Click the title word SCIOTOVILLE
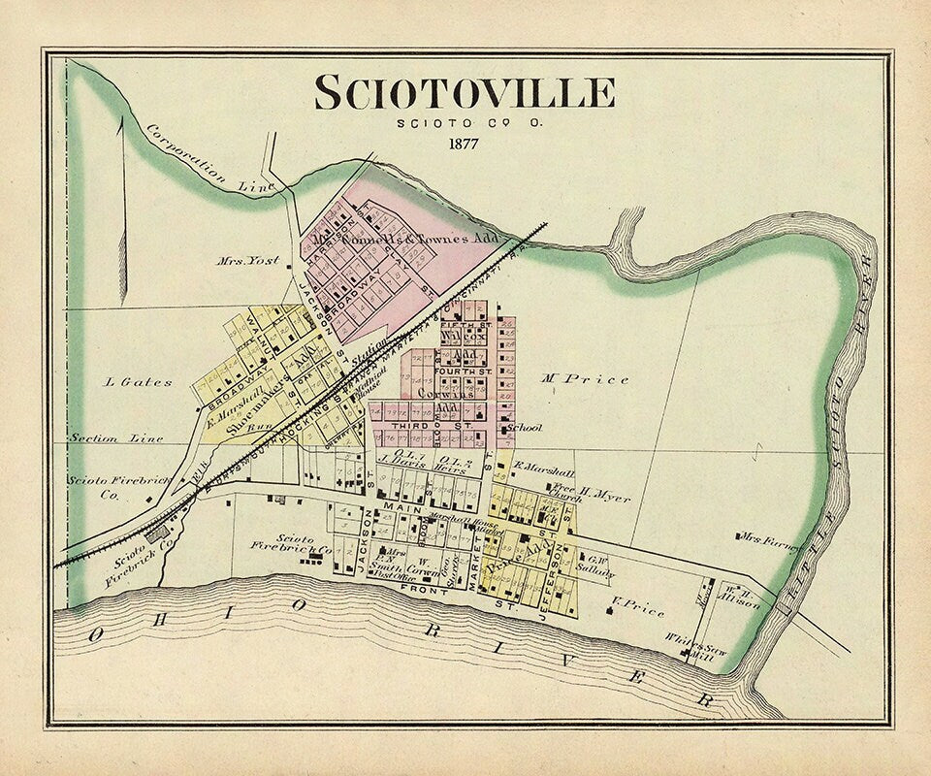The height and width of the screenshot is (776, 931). [x=464, y=93]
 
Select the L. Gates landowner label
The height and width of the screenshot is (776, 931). [x=138, y=381]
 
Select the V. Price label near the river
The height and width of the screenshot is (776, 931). [x=638, y=611]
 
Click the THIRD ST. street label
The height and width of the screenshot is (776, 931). [x=418, y=425]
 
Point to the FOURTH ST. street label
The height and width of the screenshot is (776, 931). [x=465, y=371]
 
